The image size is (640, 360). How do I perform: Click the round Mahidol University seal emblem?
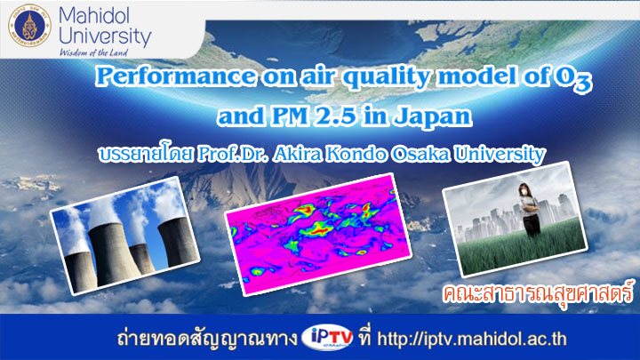click(30, 26)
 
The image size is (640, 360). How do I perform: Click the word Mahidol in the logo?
click(94, 15)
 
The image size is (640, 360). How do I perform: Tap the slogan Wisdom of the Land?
click(93, 52)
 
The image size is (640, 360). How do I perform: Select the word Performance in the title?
click(176, 76)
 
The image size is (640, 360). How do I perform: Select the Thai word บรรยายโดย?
click(146, 154)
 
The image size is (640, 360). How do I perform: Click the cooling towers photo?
click(124, 236)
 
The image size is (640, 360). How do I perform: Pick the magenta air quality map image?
click(317, 234)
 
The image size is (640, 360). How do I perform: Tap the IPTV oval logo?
click(327, 338)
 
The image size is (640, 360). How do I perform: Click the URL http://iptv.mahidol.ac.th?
click(471, 340)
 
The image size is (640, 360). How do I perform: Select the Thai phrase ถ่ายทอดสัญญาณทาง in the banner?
click(206, 339)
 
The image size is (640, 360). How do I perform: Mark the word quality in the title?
click(387, 77)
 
